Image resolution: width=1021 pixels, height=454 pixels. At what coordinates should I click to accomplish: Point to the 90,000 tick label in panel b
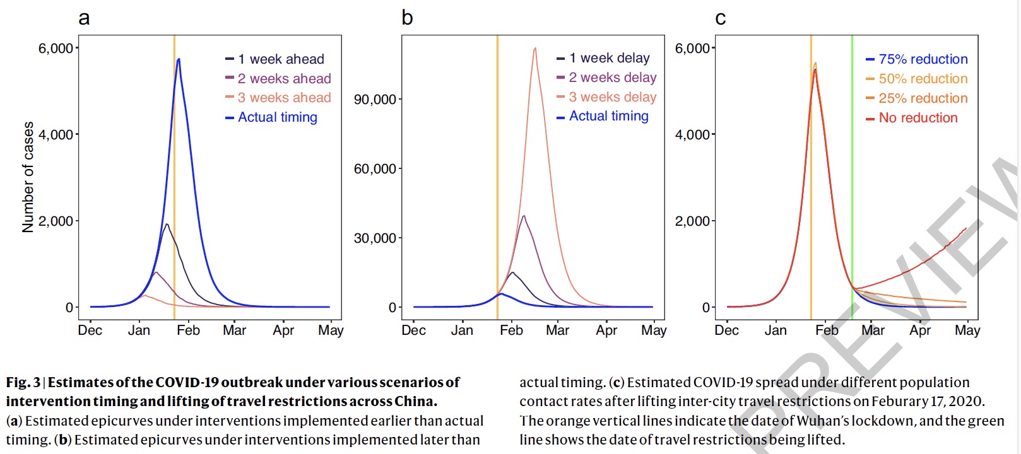pyautogui.click(x=375, y=100)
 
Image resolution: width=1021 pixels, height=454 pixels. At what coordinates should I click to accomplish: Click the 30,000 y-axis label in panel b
pyautogui.click(x=375, y=238)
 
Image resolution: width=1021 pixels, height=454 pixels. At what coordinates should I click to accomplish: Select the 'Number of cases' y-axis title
pyautogui.click(x=28, y=177)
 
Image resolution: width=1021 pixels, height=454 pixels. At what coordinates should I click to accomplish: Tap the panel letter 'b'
pyautogui.click(x=407, y=18)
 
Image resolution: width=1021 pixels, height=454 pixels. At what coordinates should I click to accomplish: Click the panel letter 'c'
pyautogui.click(x=720, y=18)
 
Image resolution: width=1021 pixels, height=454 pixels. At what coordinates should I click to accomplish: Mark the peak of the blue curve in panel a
pyautogui.click(x=179, y=59)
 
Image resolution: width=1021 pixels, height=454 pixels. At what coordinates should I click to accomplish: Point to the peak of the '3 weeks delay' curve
pyautogui.click(x=535, y=48)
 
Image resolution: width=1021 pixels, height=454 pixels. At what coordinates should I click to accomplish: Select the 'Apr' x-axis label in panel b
pyautogui.click(x=606, y=330)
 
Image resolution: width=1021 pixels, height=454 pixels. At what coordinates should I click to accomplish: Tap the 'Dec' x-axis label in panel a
pyautogui.click(x=90, y=330)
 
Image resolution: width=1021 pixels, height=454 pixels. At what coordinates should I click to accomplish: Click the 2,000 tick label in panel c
pyautogui.click(x=692, y=221)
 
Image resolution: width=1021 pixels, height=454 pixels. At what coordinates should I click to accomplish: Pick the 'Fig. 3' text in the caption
pyautogui.click(x=23, y=382)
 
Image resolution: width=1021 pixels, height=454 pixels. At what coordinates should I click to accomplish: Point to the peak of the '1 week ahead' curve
pyautogui.click(x=167, y=224)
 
